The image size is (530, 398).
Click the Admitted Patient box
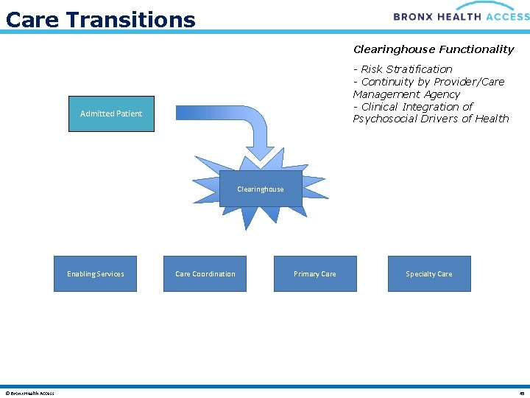[111, 114]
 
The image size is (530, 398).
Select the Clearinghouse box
[260, 189]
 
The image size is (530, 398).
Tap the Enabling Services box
[95, 274]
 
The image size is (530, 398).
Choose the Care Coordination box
[205, 274]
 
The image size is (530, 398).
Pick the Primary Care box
[314, 274]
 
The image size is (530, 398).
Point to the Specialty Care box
[428, 274]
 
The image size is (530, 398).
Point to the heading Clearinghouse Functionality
[434, 49]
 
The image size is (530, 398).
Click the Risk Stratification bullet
[406, 69]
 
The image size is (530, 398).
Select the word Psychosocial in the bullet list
[389, 119]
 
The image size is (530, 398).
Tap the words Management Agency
[406, 94]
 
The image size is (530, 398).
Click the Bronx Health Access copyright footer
[29, 393]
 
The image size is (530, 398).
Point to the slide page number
[520, 393]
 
